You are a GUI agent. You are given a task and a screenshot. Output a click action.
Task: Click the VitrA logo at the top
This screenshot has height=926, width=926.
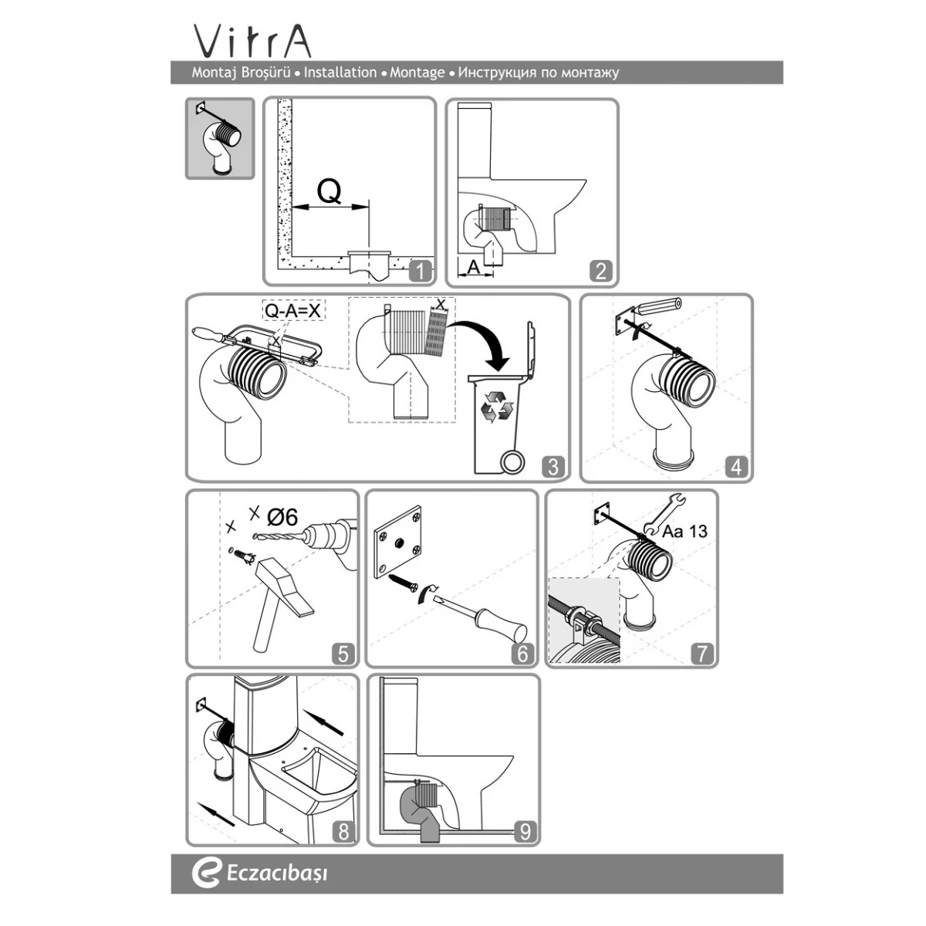click(x=252, y=42)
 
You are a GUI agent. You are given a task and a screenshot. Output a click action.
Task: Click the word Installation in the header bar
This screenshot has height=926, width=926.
click(x=340, y=73)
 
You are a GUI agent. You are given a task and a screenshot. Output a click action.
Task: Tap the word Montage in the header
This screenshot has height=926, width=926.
click(x=417, y=73)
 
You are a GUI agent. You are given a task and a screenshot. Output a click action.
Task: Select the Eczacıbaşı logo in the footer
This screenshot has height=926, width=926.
click(x=259, y=873)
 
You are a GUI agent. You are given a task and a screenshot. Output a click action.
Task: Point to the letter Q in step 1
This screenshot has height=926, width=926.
click(x=330, y=191)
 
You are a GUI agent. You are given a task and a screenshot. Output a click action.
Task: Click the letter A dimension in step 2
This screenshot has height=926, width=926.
click(x=474, y=267)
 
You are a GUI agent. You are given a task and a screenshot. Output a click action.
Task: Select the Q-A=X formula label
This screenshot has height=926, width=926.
click(x=292, y=310)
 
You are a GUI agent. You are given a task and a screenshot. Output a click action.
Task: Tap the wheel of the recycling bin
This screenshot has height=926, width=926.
click(x=512, y=461)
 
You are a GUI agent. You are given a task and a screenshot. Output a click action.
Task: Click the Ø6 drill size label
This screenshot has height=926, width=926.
click(x=282, y=517)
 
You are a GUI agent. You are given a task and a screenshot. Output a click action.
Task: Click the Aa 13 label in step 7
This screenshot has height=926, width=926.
click(x=684, y=531)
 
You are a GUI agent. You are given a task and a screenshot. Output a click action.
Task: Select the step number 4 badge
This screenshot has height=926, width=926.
click(x=737, y=467)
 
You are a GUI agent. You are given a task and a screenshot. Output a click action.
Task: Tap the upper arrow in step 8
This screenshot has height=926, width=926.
click(x=324, y=723)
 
